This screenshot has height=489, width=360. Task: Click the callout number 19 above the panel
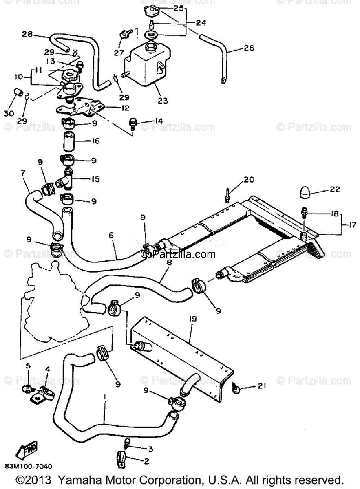pos(193,319)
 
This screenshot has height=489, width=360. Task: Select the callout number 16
pos(96,141)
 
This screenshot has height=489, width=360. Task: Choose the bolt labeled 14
pos(133,122)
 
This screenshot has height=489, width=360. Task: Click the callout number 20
pos(249,180)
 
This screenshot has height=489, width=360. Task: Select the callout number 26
pos(249,48)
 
